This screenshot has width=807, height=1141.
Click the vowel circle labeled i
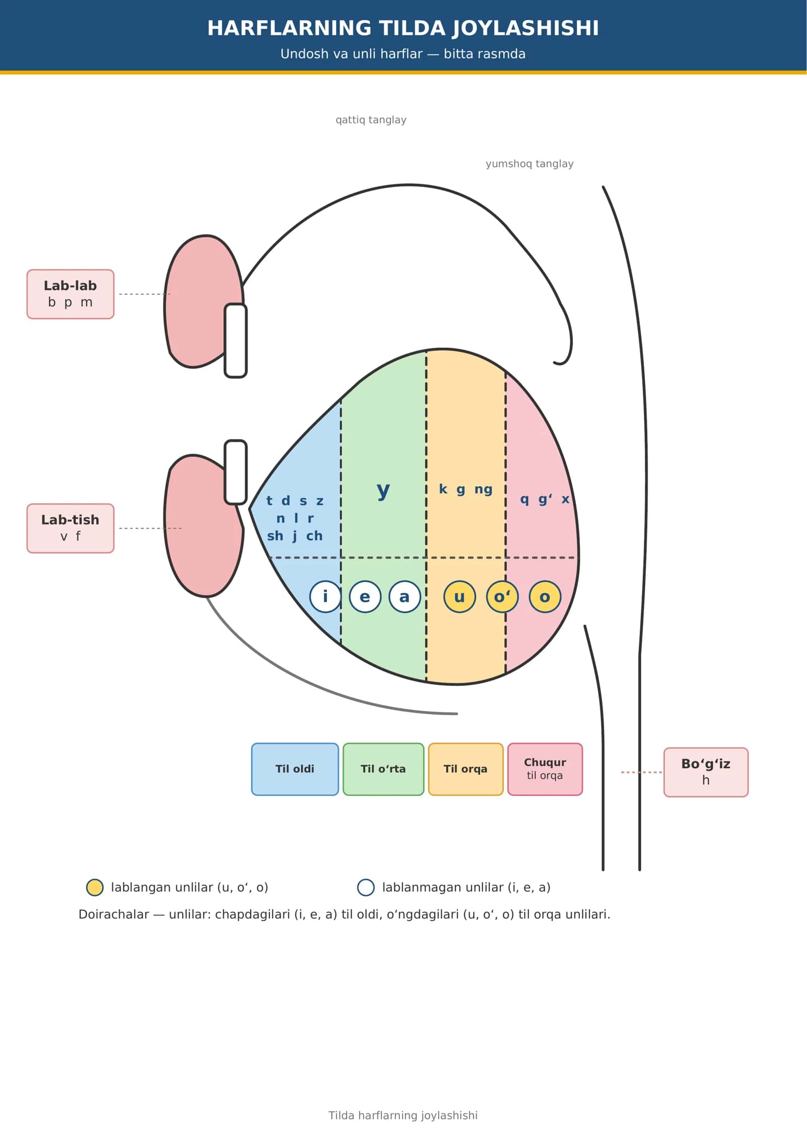pos(325,596)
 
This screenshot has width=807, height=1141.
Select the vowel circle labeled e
pos(365,596)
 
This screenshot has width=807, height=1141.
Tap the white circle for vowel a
pos(405,596)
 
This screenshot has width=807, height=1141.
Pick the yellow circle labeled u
pos(459,596)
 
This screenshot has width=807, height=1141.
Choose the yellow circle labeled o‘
pos(502,596)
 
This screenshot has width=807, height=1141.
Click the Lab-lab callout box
pos(70,294)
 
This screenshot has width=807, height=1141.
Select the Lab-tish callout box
pos(70,528)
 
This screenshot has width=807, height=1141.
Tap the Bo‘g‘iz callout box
pos(706,772)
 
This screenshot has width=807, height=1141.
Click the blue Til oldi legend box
pos(295,769)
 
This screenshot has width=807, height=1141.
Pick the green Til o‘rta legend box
pos(383,769)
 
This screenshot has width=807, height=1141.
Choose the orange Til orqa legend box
pos(466,769)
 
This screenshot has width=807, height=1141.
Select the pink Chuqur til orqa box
pos(545,769)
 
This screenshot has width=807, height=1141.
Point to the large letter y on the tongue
pos(383,489)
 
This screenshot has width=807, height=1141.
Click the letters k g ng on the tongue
pos(466,489)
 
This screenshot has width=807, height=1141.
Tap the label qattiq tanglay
pos(371,120)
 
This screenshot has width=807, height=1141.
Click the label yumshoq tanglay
pos(530,164)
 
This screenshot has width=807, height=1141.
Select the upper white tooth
pos(236,340)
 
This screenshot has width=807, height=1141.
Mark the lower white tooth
pos(236,472)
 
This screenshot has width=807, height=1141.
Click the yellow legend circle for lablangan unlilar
pos(95,887)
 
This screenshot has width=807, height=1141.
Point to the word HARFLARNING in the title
pos(290,28)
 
